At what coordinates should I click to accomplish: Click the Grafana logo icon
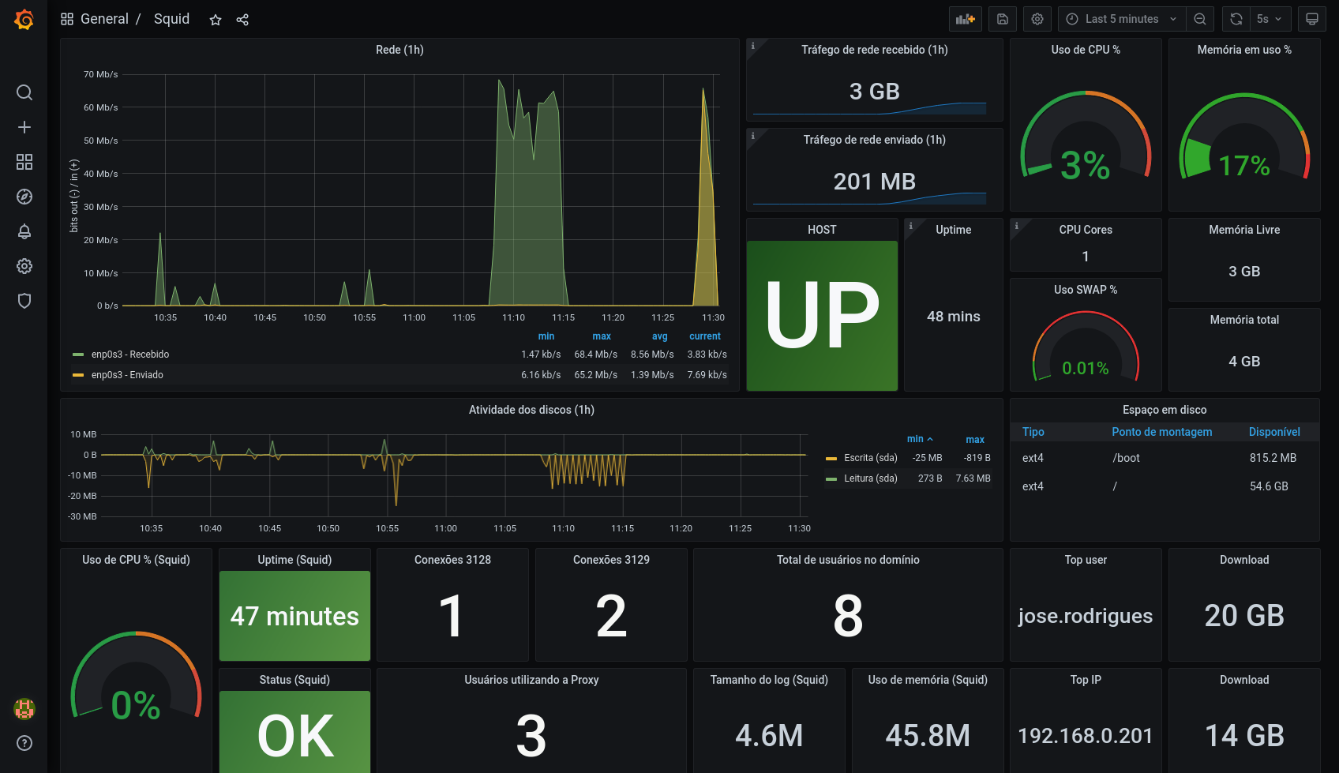pos(24,20)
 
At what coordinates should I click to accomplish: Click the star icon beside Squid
pos(216,20)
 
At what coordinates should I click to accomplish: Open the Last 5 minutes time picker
pos(1121,19)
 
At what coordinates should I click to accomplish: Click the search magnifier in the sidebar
pos(24,92)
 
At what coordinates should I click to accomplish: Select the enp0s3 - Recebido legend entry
pos(129,355)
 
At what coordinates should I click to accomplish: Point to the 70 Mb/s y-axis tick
pos(101,74)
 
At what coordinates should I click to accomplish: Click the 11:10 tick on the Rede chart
pos(513,317)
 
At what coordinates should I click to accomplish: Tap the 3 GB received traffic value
pos(874,92)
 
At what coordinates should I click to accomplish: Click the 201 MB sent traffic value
pos(874,182)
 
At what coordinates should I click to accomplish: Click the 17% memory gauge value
pos(1243,166)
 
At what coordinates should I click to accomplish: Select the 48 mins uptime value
pos(953,317)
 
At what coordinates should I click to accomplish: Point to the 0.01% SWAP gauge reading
pos(1085,368)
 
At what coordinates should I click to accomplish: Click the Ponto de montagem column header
pos(1161,432)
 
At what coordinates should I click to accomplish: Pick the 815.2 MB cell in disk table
pos(1273,458)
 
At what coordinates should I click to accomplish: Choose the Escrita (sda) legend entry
pos(870,458)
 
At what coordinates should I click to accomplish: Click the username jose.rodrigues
pos(1085,616)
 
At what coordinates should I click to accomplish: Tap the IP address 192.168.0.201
pos(1085,736)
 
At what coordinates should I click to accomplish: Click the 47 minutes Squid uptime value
pos(294,616)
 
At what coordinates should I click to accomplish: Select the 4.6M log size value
pos(768,736)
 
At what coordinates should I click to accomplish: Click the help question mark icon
pos(24,743)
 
